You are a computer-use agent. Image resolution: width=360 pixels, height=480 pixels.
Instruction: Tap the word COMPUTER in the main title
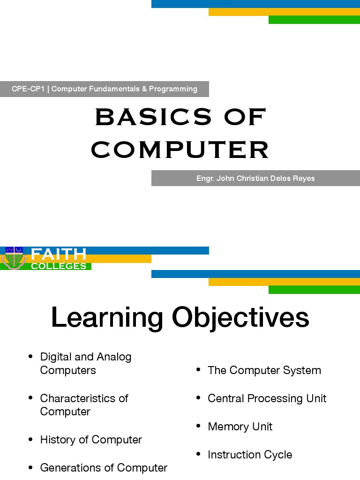point(180,150)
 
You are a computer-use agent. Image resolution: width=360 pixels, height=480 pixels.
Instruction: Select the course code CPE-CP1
point(28,89)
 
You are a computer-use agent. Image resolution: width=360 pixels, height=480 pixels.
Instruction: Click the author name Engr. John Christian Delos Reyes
point(255,178)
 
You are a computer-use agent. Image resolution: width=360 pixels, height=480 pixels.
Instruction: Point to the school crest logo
point(13,258)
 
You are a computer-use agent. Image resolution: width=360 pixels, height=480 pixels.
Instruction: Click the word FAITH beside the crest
point(59,255)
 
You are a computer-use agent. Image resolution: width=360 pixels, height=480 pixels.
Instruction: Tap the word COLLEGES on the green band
point(59,266)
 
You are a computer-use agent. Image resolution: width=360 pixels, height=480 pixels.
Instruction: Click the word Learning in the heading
point(107,317)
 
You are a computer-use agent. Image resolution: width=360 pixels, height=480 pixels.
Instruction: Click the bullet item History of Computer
point(91,440)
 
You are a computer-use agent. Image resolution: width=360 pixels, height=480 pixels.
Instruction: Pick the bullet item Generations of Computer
point(104,468)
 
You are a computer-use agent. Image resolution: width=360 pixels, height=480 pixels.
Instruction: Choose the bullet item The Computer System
point(264,370)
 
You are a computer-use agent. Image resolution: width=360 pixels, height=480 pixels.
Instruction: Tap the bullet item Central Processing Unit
point(267,398)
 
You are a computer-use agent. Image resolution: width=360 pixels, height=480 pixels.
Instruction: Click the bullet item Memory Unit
point(240,427)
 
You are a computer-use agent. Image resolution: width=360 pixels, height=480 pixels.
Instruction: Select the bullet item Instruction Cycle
point(250,455)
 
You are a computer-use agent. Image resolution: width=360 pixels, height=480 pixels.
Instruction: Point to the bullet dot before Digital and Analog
point(31,357)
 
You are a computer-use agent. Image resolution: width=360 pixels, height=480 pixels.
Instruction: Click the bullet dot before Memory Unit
point(199,427)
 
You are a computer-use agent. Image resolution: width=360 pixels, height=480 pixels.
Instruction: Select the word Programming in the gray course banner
point(173,89)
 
